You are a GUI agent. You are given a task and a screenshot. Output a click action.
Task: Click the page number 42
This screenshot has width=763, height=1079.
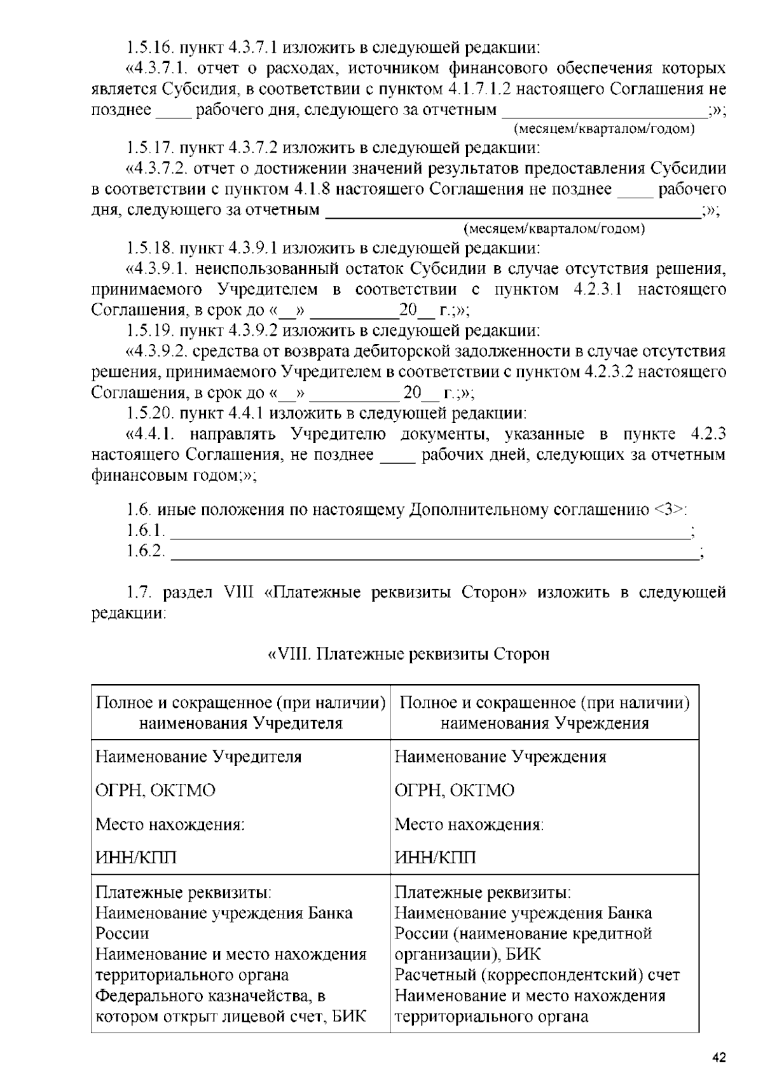point(718,1058)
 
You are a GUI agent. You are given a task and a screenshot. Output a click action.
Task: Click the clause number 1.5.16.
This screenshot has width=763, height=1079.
point(149,48)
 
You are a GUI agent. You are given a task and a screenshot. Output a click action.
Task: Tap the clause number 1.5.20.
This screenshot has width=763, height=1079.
point(149,414)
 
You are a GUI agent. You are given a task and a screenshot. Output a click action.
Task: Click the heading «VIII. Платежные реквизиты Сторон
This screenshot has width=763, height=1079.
point(407,654)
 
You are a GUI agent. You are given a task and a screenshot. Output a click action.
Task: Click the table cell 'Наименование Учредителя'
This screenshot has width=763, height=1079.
point(198,757)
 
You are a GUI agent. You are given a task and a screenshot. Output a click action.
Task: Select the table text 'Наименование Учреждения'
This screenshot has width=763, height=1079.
point(500,757)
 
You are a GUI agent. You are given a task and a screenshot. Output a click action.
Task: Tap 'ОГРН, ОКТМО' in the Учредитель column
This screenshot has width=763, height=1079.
point(155,791)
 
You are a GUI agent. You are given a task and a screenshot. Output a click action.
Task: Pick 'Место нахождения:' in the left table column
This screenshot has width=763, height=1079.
point(170,825)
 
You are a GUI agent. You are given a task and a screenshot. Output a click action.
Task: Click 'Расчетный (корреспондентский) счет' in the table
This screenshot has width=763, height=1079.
point(537,975)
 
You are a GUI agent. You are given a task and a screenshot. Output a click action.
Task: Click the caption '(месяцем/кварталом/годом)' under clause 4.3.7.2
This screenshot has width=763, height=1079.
point(554,229)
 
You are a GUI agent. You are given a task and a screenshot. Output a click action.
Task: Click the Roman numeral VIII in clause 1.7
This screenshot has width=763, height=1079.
point(238,593)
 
